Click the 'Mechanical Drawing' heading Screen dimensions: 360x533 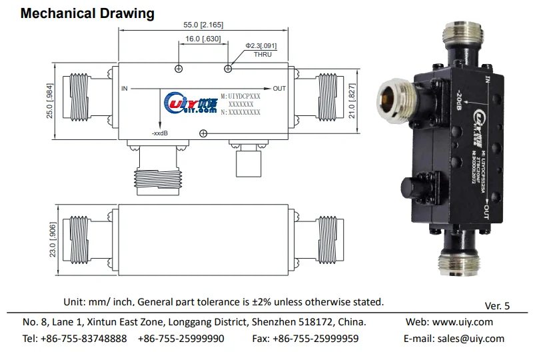[x=87, y=13]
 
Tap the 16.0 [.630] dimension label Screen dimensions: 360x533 [x=203, y=39]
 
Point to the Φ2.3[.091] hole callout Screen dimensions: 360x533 [x=261, y=45]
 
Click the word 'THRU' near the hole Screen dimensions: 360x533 [x=263, y=54]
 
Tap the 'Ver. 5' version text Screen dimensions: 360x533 [x=497, y=306]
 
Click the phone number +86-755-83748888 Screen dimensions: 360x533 [x=84, y=339]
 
